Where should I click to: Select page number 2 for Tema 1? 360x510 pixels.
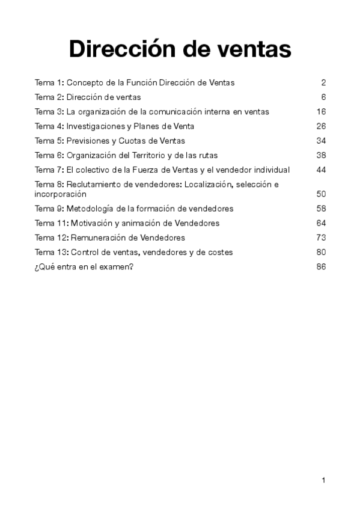323,82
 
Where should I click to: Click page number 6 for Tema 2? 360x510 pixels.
323,97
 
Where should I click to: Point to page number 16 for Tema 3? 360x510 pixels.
321,111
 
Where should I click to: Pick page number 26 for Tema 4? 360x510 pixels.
321,126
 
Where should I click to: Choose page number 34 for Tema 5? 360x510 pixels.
321,141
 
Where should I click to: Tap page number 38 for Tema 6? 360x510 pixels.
321,155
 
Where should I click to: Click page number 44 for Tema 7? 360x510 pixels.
321,170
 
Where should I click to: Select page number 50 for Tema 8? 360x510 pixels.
321,194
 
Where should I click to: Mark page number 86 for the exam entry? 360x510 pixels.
321,266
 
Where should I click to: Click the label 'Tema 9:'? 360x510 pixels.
50,209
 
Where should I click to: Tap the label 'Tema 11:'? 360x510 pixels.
52,223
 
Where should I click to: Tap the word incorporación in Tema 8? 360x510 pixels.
60,194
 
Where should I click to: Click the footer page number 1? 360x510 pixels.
324,480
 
